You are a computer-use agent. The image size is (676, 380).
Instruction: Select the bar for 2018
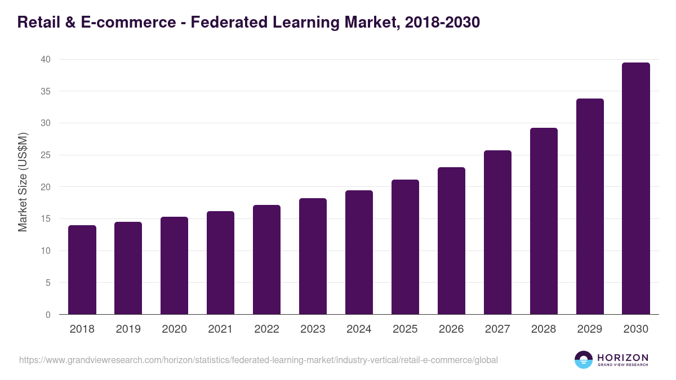coord(82,270)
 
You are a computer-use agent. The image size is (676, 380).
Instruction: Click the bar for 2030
coord(635,189)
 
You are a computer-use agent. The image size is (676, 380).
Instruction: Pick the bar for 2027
coord(497,233)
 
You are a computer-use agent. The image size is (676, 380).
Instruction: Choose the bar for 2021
coord(220,263)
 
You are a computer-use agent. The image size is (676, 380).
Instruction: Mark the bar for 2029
coord(590,207)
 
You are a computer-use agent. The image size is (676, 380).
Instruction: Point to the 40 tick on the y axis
coord(46,59)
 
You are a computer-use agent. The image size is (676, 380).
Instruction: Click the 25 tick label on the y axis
coord(46,155)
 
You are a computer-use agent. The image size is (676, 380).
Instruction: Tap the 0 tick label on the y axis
coord(48,315)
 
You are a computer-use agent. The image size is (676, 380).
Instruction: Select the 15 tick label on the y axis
coord(46,218)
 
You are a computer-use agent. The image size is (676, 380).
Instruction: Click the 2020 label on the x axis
coord(174,329)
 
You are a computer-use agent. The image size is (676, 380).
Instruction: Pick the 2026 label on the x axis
coord(451,329)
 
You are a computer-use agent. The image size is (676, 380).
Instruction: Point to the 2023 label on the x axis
coord(313,329)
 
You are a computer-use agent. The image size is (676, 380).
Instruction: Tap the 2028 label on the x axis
coord(544,329)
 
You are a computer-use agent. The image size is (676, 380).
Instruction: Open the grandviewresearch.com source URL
coord(259,360)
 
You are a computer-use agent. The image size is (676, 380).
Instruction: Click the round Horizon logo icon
coord(583,360)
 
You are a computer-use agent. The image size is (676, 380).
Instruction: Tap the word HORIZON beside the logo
coord(622,357)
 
